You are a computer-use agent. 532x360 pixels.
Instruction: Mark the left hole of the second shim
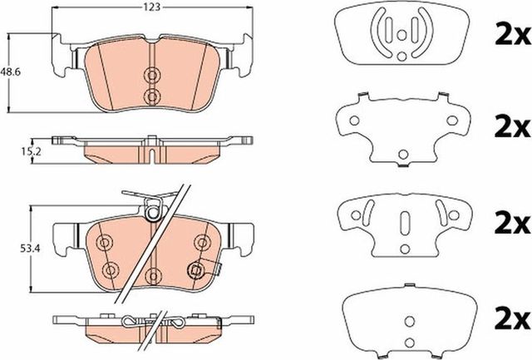tap(352, 121)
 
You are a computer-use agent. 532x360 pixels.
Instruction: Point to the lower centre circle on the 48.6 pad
tap(151, 96)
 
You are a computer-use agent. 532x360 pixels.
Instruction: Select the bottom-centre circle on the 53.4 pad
tap(151, 274)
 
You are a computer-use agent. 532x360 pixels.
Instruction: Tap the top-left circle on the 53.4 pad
tap(104, 242)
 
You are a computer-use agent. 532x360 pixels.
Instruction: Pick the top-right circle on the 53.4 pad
tap(199, 242)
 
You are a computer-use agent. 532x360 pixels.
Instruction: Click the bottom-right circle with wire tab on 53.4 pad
tap(198, 268)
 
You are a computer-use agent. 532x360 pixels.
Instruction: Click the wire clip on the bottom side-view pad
tap(133, 323)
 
